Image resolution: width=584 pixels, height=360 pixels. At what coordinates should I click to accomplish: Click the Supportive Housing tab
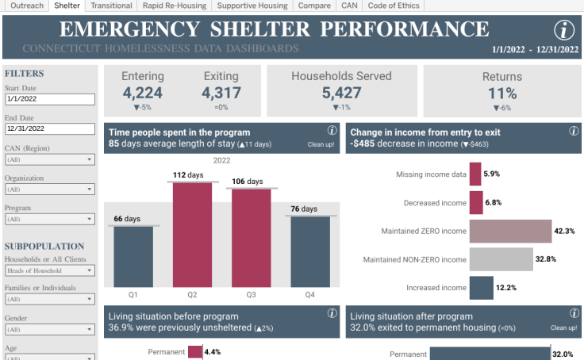(x=253, y=6)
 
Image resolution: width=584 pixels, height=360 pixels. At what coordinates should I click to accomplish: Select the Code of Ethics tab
(x=394, y=6)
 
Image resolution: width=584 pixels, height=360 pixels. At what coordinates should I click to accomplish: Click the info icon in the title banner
(x=563, y=31)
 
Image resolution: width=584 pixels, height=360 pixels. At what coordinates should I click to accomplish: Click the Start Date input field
(x=49, y=99)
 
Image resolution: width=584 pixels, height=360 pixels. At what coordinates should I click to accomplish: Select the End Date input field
(x=49, y=128)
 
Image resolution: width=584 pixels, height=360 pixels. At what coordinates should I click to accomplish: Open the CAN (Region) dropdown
(x=49, y=159)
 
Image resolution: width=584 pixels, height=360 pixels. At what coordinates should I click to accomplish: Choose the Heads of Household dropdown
(x=49, y=270)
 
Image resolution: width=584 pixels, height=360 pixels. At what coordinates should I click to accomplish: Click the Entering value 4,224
(x=143, y=93)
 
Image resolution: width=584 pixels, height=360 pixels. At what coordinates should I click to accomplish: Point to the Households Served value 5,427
(x=341, y=93)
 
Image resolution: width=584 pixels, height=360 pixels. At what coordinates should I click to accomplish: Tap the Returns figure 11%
(x=502, y=93)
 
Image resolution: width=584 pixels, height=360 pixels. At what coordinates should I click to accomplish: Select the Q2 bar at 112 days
(x=193, y=234)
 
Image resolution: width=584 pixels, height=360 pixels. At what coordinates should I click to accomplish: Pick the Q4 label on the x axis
(x=310, y=294)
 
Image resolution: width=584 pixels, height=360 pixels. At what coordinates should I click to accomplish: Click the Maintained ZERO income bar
(x=510, y=231)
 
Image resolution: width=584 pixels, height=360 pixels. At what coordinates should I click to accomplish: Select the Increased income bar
(x=481, y=288)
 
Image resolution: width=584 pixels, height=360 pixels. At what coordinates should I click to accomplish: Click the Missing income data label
(x=431, y=174)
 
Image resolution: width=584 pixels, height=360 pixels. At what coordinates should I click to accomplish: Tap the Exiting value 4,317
(x=221, y=93)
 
